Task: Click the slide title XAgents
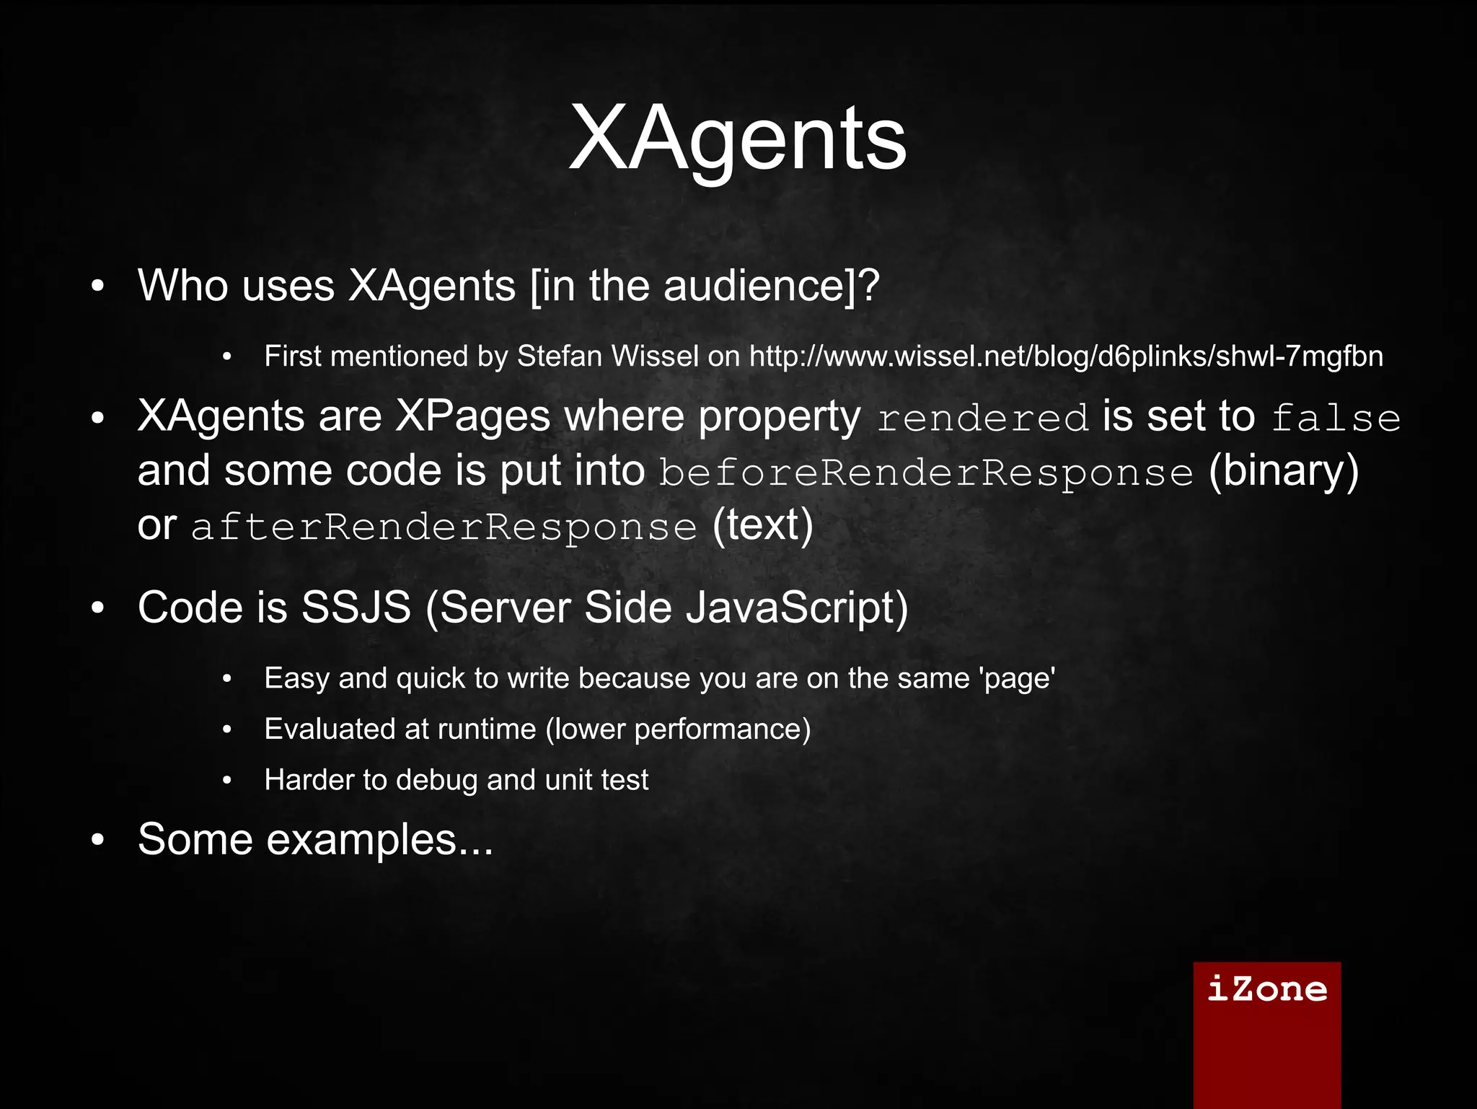[x=737, y=139]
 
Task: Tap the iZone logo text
[x=1266, y=989]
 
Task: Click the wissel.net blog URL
[x=1066, y=356]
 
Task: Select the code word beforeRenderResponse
[x=926, y=473]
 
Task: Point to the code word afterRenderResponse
[x=444, y=527]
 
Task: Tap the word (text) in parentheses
[x=763, y=525]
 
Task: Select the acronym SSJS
[x=356, y=608]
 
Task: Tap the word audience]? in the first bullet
[x=772, y=286]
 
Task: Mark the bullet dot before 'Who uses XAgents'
[x=99, y=286]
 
